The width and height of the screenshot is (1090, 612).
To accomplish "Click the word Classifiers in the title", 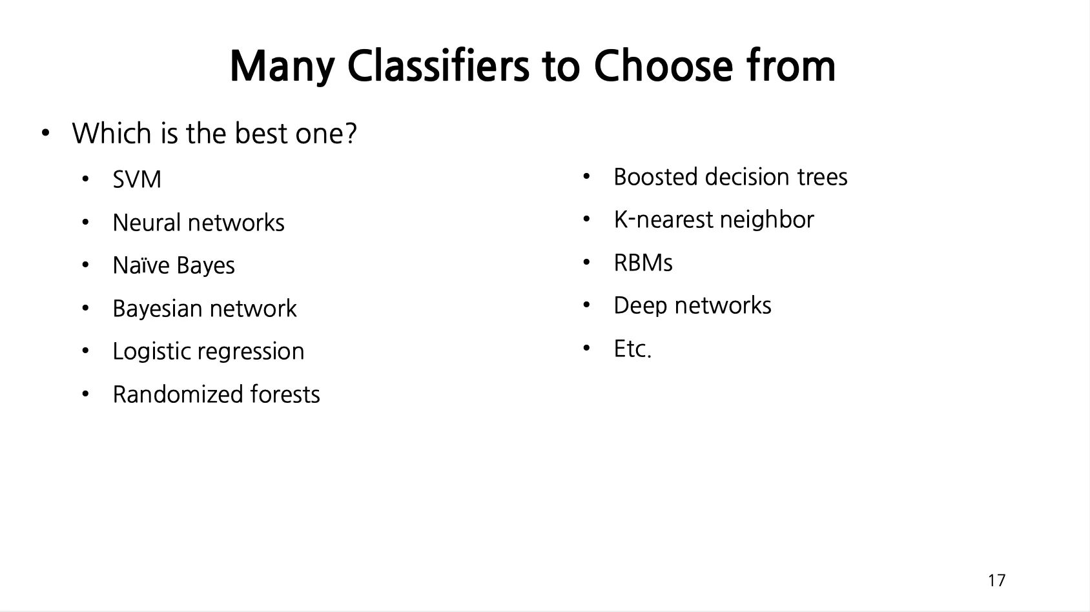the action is click(438, 66).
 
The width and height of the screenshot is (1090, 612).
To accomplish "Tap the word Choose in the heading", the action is click(663, 66).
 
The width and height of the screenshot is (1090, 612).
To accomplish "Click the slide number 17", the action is click(996, 580).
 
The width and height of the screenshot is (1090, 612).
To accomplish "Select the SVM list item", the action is click(137, 179).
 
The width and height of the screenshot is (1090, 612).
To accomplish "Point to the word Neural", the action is click(147, 222).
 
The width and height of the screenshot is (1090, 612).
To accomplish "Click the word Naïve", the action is click(141, 265).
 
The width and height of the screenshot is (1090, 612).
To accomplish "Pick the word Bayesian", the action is click(157, 309).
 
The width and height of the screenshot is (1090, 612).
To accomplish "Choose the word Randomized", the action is click(178, 394).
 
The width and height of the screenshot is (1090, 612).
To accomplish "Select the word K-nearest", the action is click(664, 219).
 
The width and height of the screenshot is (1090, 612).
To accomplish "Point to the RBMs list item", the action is click(643, 263).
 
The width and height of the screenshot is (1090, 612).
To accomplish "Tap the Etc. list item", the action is click(633, 349).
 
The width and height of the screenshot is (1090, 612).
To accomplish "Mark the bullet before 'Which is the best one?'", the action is click(46, 133).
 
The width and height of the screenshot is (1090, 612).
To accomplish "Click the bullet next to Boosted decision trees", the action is click(586, 177).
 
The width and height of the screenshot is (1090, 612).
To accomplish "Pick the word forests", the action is click(285, 394).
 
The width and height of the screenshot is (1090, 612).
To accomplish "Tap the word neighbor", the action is click(767, 220).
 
